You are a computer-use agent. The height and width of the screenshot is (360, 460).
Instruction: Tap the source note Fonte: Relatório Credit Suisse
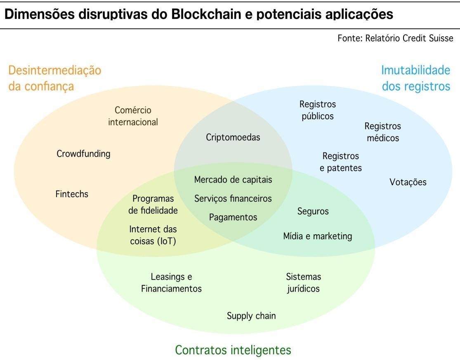395,38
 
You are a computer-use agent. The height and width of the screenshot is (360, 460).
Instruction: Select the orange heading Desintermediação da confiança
54,78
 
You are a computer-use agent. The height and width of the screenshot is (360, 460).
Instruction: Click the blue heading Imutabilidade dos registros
415,78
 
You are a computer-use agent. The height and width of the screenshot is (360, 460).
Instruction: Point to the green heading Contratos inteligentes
233,350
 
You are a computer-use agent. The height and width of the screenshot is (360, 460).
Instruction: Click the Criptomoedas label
233,137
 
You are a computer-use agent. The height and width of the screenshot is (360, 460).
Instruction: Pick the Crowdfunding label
83,154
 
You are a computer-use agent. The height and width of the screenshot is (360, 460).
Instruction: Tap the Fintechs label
72,194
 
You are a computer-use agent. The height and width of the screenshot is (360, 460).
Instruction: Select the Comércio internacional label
133,116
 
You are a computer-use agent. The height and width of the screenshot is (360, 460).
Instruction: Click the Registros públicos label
318,110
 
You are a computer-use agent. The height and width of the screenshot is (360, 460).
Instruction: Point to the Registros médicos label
383,132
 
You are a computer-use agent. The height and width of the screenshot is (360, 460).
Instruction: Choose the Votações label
408,182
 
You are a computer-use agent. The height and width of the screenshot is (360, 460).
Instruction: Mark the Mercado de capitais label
233,180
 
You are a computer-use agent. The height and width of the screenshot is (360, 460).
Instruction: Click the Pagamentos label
233,217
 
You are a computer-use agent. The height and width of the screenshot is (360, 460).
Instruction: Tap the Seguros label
313,211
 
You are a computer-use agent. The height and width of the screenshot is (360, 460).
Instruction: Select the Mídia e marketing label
318,236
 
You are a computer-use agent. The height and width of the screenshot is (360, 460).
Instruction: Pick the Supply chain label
251,316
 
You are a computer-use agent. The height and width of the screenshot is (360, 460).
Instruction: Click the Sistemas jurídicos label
304,282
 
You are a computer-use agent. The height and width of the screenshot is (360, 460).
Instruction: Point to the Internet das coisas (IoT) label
153,235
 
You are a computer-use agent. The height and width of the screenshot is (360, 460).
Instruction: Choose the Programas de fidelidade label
153,205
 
